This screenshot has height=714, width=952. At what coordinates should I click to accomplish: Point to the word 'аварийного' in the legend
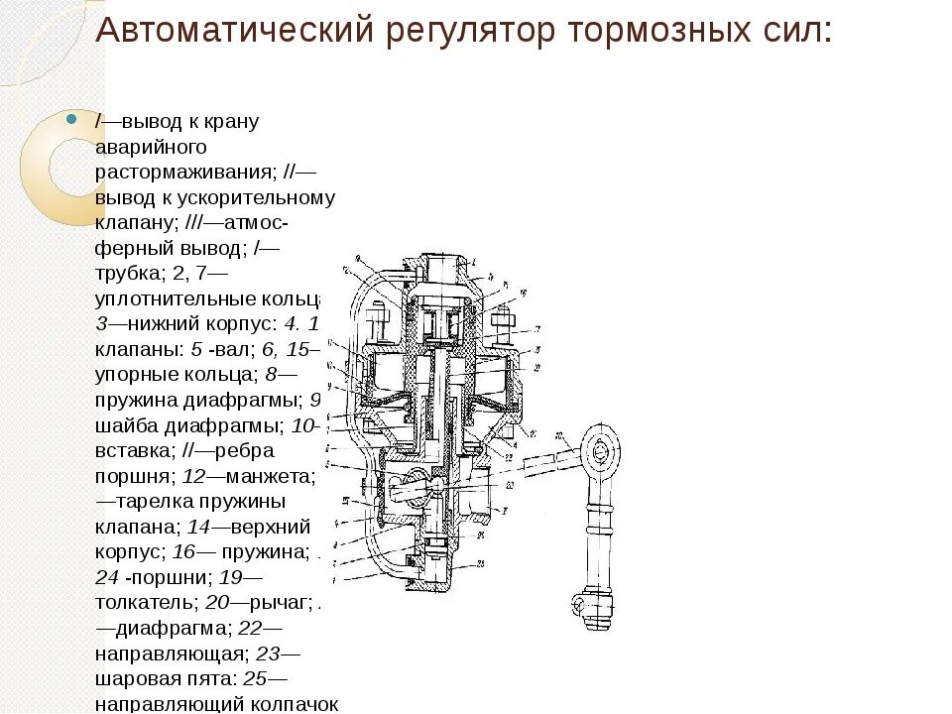(151, 146)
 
